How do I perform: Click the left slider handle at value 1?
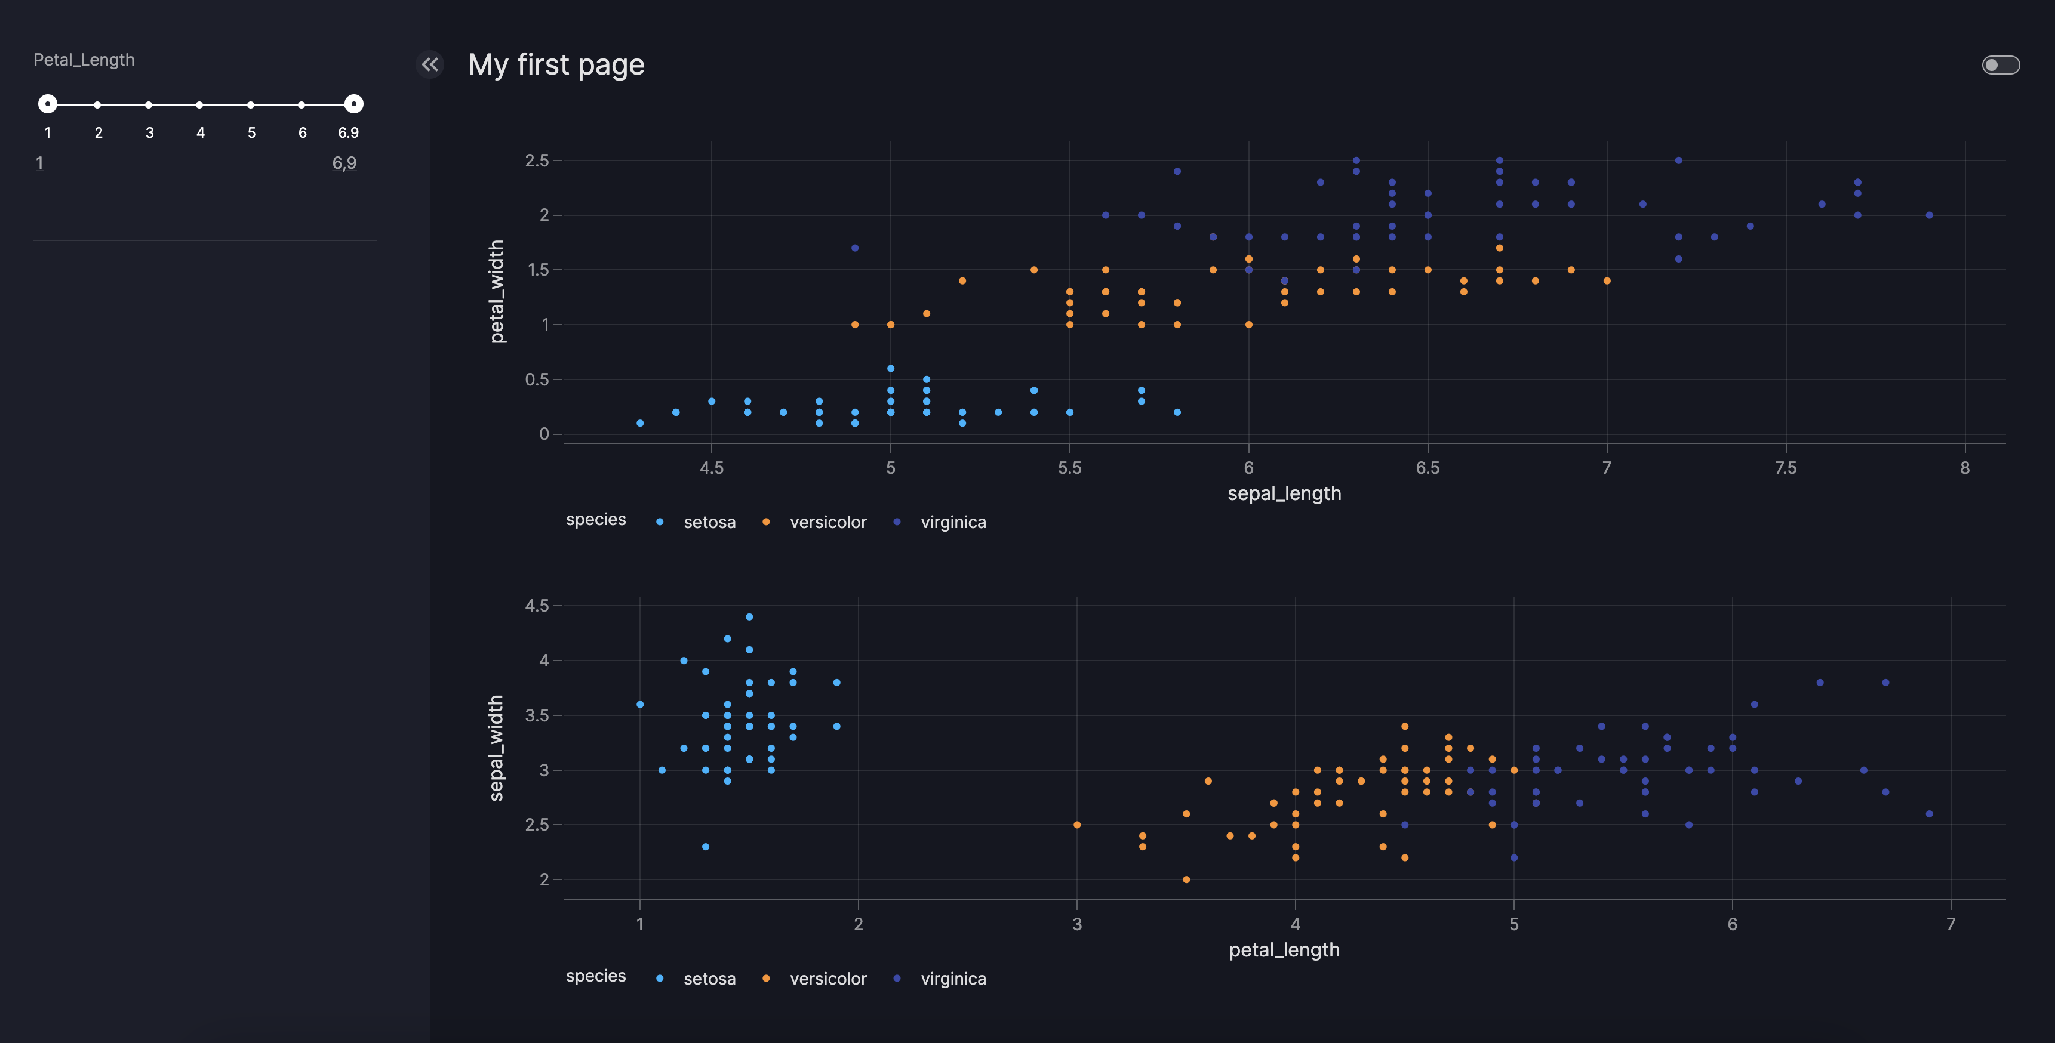[x=48, y=104]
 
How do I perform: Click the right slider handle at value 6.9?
[x=353, y=104]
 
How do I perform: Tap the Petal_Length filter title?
[x=84, y=60]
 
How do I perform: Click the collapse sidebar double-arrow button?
[x=430, y=64]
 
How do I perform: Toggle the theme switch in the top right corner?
[x=2000, y=64]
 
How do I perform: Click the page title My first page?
[x=556, y=64]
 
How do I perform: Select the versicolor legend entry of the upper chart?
[x=827, y=522]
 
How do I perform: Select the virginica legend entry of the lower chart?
[x=952, y=979]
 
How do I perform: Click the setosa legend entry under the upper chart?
[x=709, y=522]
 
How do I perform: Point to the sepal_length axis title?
[x=1284, y=493]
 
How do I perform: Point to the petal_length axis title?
[x=1284, y=950]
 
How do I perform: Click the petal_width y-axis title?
[x=497, y=292]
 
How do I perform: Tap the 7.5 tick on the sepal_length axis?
[x=1785, y=468]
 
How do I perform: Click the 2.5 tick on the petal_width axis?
[x=537, y=161]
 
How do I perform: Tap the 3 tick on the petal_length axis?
[x=1077, y=924]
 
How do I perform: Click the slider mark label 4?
[x=200, y=133]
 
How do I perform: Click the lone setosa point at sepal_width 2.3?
[x=705, y=847]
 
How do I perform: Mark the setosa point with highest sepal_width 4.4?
[x=749, y=617]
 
